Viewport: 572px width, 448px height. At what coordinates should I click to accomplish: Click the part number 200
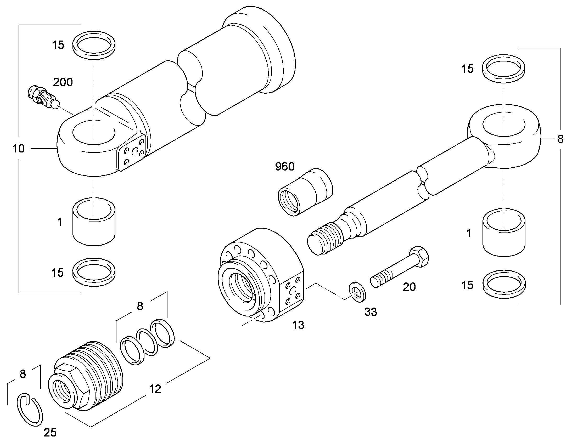63,82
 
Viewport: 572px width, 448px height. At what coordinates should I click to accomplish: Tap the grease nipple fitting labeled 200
43,97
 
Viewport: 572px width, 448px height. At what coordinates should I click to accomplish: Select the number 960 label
285,167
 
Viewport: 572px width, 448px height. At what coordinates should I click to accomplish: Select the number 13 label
298,325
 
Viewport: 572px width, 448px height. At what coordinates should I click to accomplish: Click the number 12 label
155,389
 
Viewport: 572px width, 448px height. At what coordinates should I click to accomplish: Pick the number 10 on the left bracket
19,149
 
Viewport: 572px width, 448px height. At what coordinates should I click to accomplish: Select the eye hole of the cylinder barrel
94,132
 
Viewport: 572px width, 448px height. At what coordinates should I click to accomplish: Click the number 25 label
50,433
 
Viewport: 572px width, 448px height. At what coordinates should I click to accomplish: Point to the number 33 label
371,312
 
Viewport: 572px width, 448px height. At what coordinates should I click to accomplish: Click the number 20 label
409,287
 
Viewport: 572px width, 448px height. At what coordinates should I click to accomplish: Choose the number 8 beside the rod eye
560,139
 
